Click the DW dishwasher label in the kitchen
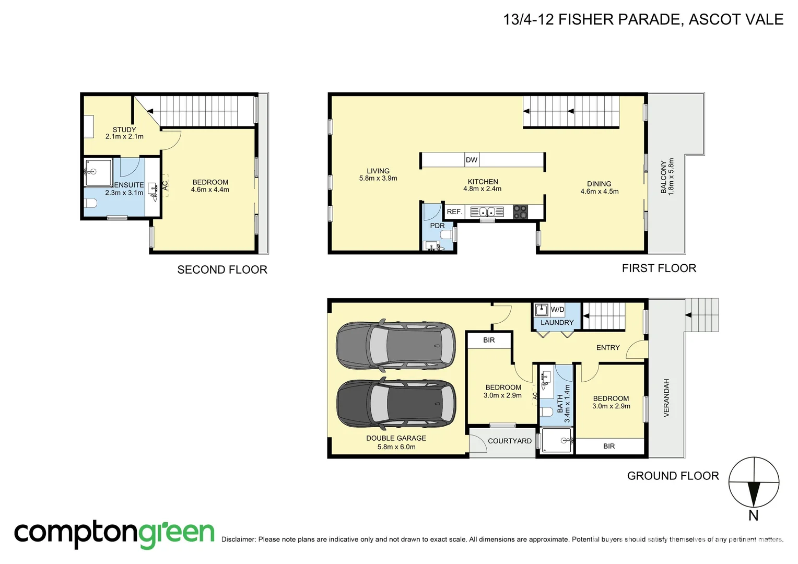(x=472, y=160)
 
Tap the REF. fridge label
(x=454, y=211)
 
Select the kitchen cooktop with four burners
(x=520, y=211)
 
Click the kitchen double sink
(x=487, y=211)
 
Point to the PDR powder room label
(x=437, y=226)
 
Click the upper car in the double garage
(x=396, y=345)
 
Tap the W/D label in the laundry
(x=557, y=310)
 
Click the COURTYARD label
(x=510, y=441)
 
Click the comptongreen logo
(x=114, y=534)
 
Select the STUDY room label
(x=124, y=130)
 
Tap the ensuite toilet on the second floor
(x=90, y=204)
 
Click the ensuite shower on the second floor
(x=98, y=172)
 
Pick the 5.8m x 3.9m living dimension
(x=378, y=178)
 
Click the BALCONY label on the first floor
(x=663, y=177)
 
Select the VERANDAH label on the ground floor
(x=666, y=397)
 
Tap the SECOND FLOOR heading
(x=222, y=269)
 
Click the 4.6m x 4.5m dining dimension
(x=599, y=192)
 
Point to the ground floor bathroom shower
(x=557, y=440)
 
